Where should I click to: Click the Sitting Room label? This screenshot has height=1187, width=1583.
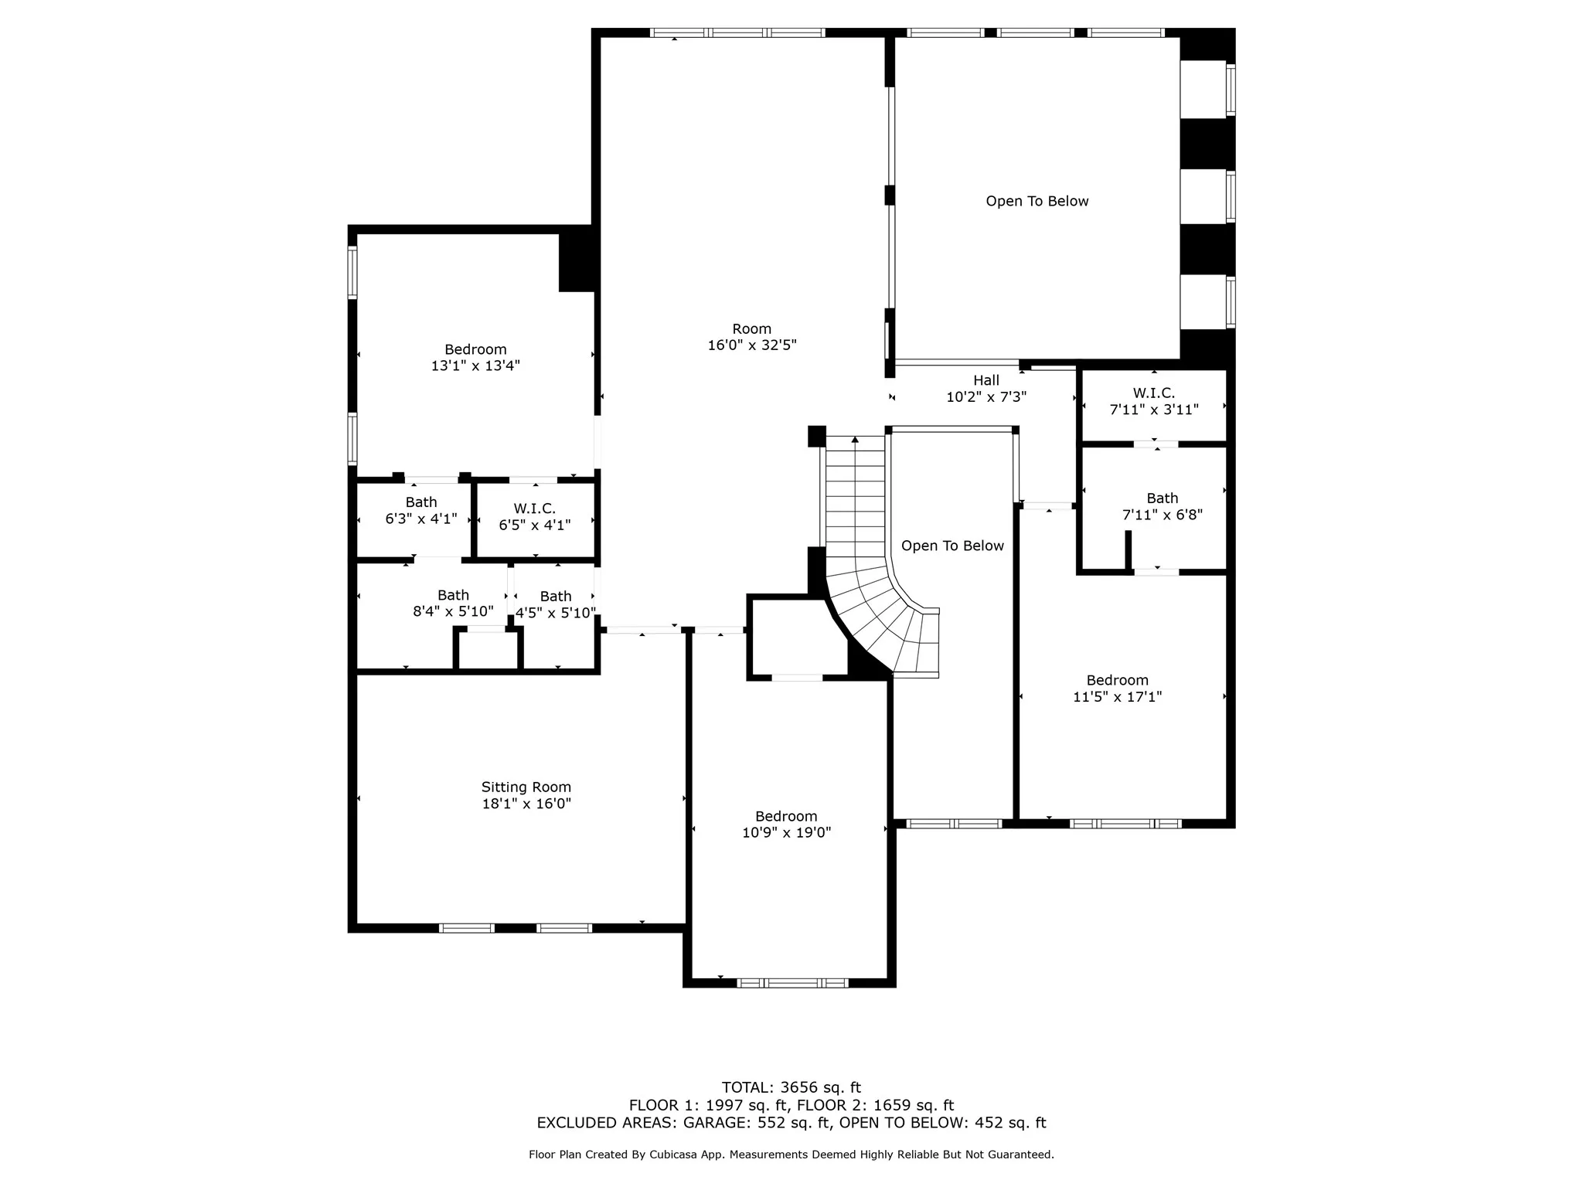(x=526, y=787)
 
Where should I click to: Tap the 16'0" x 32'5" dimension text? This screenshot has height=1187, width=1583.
(x=752, y=345)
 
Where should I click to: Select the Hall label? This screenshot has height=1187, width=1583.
(x=986, y=380)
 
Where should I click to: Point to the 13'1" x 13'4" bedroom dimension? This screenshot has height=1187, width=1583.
(x=475, y=366)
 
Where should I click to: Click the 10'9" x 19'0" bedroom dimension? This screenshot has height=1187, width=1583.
(x=787, y=832)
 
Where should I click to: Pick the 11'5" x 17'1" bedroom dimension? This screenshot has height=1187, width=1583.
(x=1118, y=696)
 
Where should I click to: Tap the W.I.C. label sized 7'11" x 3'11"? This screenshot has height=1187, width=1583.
(x=1154, y=393)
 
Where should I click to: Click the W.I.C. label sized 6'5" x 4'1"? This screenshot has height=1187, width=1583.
(x=535, y=508)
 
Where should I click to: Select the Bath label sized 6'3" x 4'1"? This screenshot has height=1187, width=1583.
(x=421, y=502)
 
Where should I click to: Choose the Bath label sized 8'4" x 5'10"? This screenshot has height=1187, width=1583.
(x=454, y=595)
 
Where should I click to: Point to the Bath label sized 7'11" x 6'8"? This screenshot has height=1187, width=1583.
(x=1163, y=498)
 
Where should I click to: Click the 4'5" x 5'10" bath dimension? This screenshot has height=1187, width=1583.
(x=556, y=613)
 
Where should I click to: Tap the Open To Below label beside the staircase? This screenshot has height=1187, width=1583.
(x=952, y=546)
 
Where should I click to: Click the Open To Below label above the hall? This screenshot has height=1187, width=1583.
(x=1037, y=201)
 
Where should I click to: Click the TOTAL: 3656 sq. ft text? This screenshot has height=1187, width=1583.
(x=791, y=1088)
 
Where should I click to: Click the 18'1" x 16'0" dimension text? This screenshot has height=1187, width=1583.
(x=526, y=804)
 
